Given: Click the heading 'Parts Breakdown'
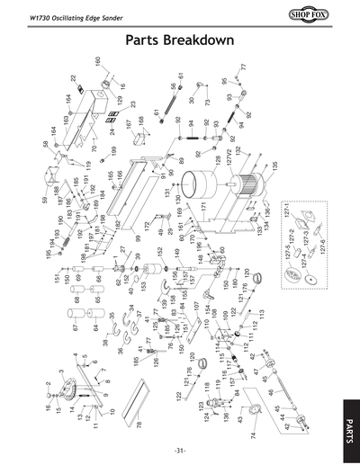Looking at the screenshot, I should [x=180, y=41].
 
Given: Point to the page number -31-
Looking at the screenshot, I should [x=180, y=449].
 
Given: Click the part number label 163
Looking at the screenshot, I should [x=66, y=120].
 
